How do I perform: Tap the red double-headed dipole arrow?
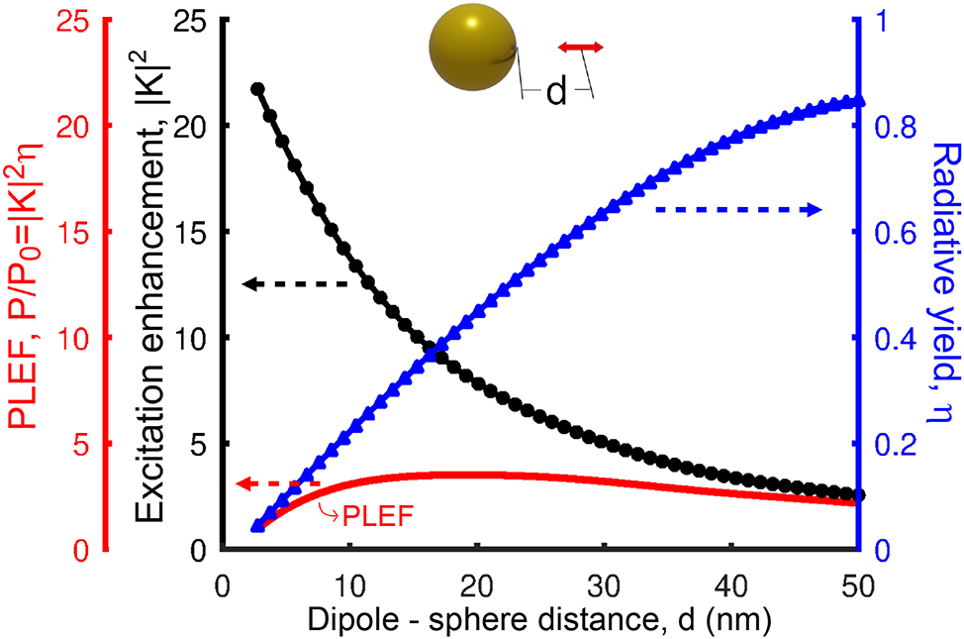click(x=579, y=47)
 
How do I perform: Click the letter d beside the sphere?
click(x=556, y=93)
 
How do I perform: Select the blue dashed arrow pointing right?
click(x=737, y=209)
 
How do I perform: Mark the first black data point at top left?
click(x=257, y=89)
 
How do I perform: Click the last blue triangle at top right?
click(x=858, y=101)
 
